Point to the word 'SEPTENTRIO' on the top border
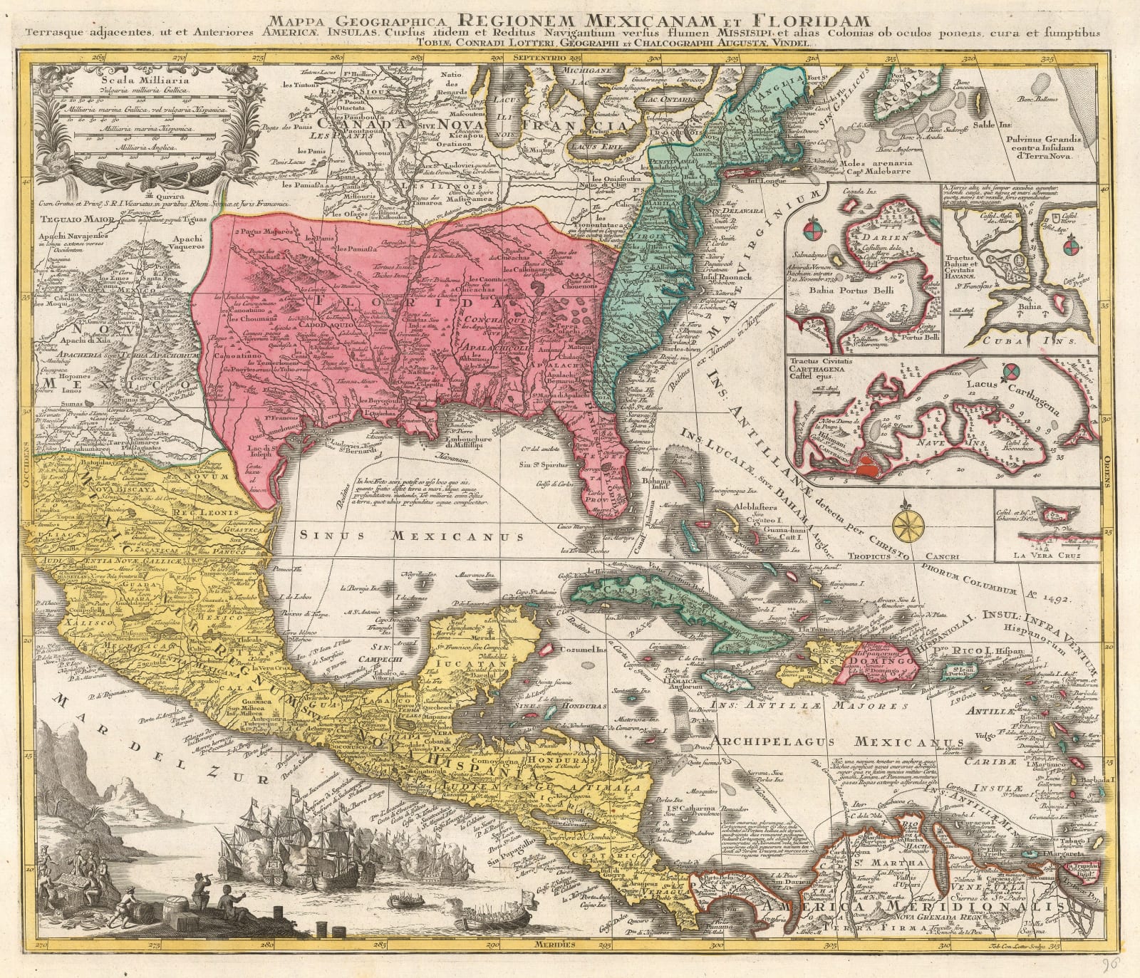(542, 56)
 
